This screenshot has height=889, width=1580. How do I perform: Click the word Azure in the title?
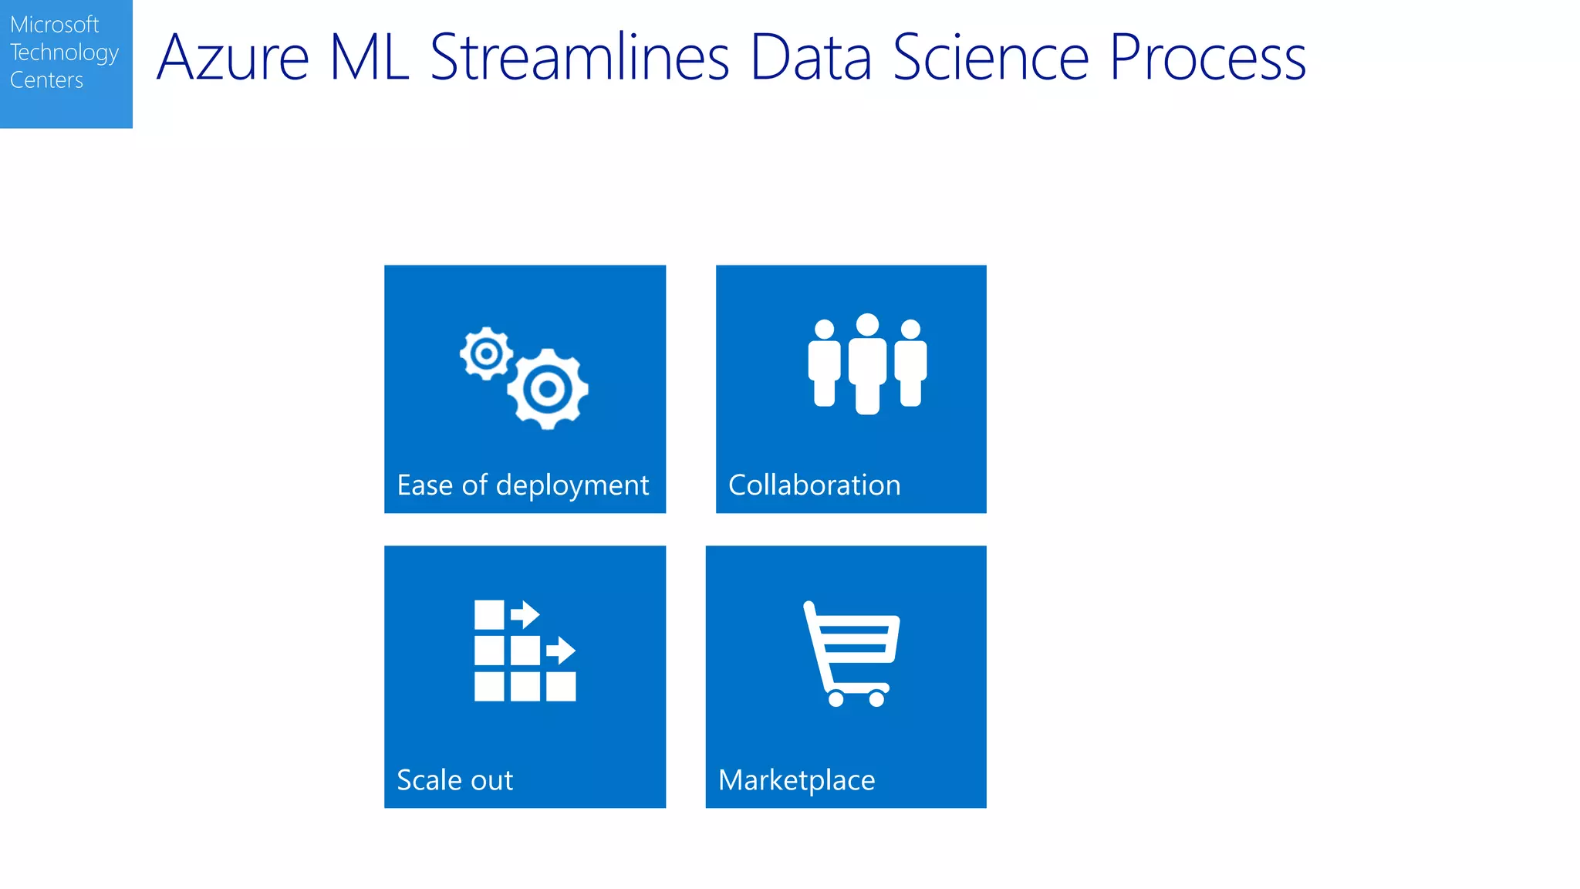click(233, 58)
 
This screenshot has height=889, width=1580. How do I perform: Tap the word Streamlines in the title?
click(579, 58)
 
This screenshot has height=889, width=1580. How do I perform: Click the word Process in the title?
click(1207, 58)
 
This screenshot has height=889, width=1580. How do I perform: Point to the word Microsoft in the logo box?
click(54, 25)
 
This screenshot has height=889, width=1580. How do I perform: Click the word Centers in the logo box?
click(46, 80)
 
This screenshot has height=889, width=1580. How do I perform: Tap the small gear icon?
click(486, 353)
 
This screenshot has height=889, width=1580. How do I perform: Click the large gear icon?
click(548, 388)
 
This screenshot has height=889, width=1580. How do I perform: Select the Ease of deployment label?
click(522, 485)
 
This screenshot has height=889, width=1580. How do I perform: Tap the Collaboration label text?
click(814, 485)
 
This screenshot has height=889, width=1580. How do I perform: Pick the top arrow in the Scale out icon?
click(525, 614)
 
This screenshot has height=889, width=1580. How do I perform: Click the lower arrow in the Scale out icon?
click(561, 651)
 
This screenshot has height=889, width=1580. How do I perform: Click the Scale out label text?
click(454, 780)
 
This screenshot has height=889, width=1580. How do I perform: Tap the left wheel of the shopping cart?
click(836, 699)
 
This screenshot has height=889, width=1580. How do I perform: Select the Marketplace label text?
click(796, 780)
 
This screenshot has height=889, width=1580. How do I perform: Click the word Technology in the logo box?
click(64, 52)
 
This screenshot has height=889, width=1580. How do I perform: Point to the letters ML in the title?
click(369, 58)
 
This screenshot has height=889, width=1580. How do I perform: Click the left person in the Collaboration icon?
click(824, 363)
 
